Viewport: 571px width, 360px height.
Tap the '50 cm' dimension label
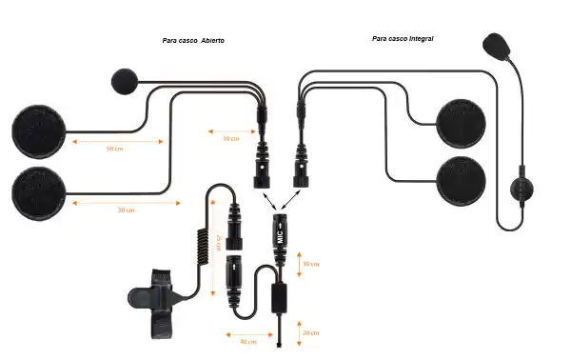tap(115, 150)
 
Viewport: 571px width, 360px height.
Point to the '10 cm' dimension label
tap(230, 139)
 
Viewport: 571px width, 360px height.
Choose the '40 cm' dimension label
tap(247, 340)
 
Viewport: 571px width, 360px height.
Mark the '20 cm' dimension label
tap(309, 332)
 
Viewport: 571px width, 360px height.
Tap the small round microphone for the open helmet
tap(126, 82)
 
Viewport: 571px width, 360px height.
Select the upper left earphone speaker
tap(38, 130)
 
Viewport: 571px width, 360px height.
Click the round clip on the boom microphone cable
tap(522, 188)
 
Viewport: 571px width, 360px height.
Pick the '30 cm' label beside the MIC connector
tap(309, 264)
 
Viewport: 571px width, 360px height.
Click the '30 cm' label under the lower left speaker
tap(125, 210)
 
